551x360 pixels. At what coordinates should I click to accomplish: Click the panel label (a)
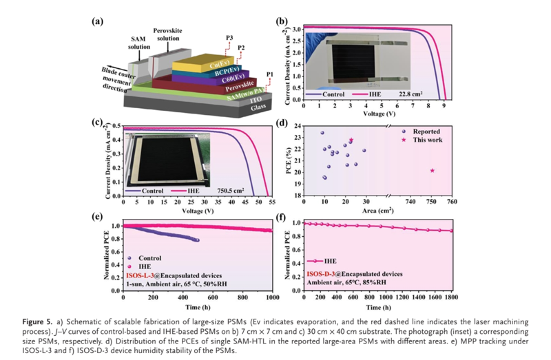click(x=98, y=21)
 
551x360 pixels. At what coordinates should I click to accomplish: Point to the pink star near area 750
click(x=432, y=170)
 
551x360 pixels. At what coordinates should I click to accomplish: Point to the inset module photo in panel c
click(x=165, y=157)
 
